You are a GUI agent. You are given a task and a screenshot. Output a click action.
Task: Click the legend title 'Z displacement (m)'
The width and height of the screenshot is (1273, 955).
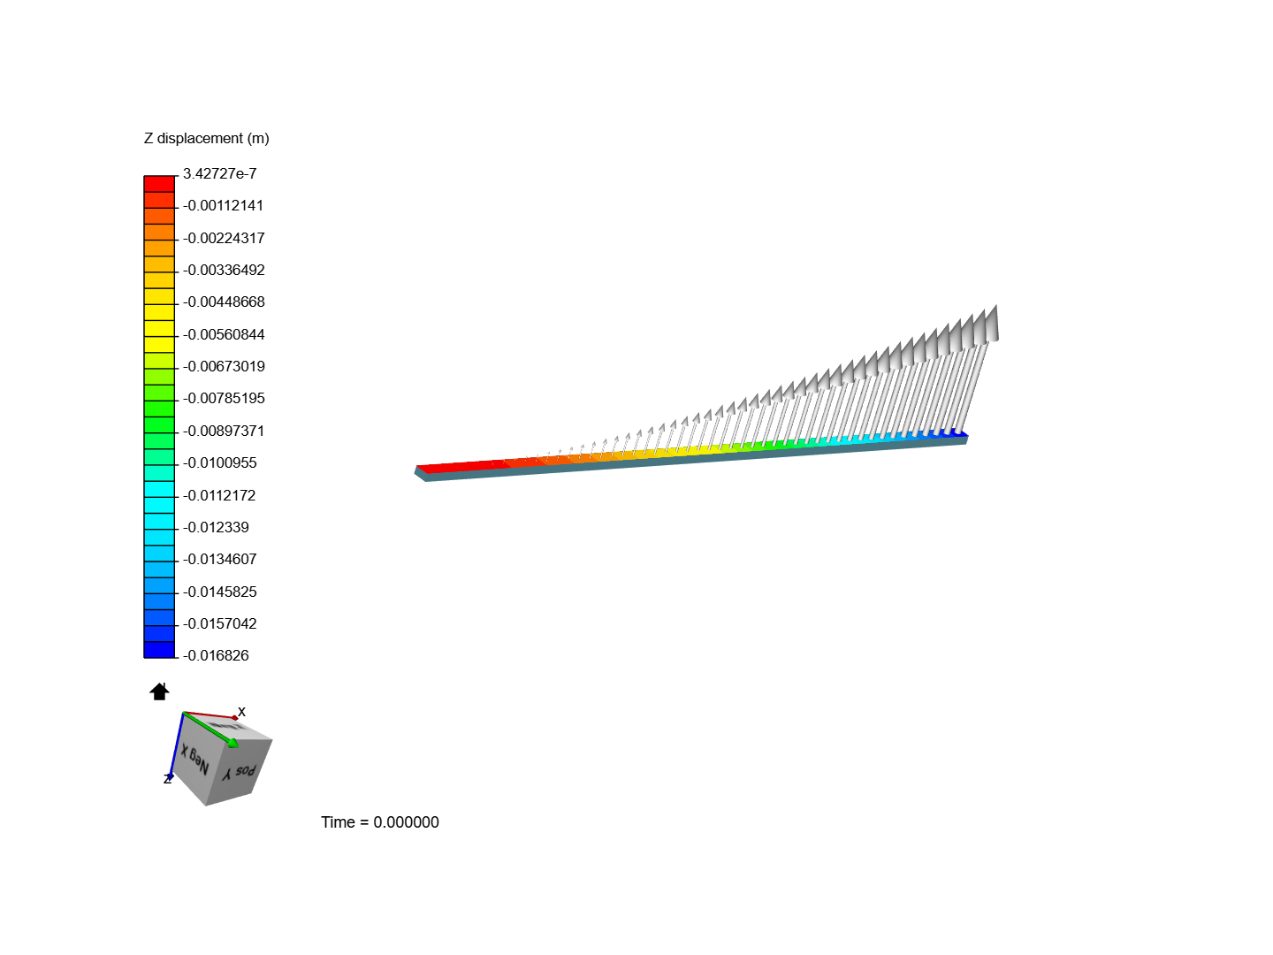tap(206, 139)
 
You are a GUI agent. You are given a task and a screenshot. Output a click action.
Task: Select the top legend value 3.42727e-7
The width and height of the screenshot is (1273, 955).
tap(219, 174)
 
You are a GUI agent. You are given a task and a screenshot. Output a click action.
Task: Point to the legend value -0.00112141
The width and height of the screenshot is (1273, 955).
tap(224, 206)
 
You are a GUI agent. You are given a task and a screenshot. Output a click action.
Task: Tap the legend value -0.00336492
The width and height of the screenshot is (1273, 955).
tap(224, 271)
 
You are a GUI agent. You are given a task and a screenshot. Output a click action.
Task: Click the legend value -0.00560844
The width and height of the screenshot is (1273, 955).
tap(224, 335)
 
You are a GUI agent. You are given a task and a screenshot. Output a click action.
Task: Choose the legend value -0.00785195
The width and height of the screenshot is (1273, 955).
tap(224, 399)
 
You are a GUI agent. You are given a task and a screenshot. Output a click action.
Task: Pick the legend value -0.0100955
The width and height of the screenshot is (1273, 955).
tap(220, 463)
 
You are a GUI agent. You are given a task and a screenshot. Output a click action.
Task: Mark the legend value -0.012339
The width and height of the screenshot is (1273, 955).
tap(217, 528)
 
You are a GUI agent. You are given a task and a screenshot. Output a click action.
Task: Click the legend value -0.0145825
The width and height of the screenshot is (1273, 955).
tap(220, 592)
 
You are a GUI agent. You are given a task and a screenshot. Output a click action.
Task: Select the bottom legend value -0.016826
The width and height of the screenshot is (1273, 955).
tap(217, 656)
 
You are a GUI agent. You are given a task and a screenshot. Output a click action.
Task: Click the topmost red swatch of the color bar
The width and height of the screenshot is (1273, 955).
tap(159, 184)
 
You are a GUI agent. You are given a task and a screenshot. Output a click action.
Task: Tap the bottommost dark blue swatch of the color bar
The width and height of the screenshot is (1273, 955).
tap(159, 650)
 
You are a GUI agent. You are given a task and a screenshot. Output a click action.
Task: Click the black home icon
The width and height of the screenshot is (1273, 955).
tap(159, 691)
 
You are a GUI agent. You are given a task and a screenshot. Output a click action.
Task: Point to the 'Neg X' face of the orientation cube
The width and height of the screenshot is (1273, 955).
tap(195, 760)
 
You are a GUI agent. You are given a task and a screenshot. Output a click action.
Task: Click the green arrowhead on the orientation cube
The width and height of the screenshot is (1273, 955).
tap(232, 743)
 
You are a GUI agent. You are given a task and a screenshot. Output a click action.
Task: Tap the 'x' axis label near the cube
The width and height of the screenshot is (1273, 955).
tap(241, 712)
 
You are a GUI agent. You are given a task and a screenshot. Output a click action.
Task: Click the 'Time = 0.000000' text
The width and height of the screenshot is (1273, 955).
tap(379, 822)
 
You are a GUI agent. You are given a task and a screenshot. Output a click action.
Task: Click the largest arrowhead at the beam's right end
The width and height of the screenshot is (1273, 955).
tap(991, 325)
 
